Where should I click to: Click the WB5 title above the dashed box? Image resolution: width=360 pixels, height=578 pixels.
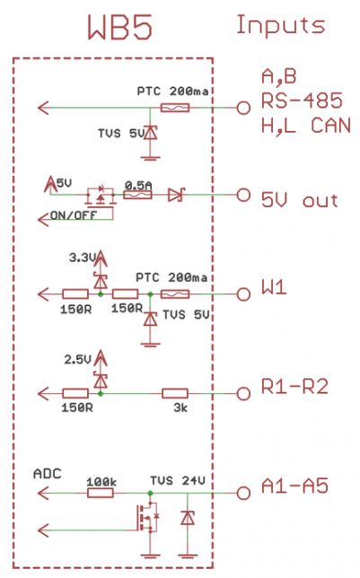tap(120, 27)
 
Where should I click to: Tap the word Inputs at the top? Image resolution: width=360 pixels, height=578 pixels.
tap(281, 26)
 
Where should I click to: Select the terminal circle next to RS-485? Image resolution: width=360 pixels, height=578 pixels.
tap(243, 108)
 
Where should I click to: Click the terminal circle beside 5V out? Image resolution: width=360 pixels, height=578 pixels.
tap(243, 195)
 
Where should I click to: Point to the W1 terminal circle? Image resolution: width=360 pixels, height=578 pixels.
tap(243, 294)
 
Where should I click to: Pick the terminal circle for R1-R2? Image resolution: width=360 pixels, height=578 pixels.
tap(243, 394)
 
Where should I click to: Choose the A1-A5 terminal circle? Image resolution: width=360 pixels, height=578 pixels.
tap(243, 493)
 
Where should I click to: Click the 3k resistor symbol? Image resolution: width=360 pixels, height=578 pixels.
tap(175, 394)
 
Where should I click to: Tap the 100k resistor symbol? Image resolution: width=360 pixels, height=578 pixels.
tap(101, 493)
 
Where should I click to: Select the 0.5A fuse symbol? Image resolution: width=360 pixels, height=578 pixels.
tap(137, 195)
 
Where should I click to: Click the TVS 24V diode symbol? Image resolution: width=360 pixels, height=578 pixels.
tap(188, 518)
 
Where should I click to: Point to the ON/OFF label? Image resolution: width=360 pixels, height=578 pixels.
tap(74, 215)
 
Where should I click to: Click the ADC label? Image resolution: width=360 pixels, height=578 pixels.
tap(48, 474)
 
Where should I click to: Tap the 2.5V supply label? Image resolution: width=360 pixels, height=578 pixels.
tap(77, 359)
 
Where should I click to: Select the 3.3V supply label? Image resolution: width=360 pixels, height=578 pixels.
tap(83, 258)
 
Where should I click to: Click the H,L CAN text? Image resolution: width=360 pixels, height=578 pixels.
tap(306, 126)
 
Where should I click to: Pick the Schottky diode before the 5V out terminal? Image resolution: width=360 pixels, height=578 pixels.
tap(176, 195)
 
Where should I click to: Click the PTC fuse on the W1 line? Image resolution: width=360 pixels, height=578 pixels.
tap(175, 294)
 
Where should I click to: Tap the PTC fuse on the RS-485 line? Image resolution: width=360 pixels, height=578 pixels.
tap(175, 108)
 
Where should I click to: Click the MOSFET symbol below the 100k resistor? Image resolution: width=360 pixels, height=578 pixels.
tap(147, 518)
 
